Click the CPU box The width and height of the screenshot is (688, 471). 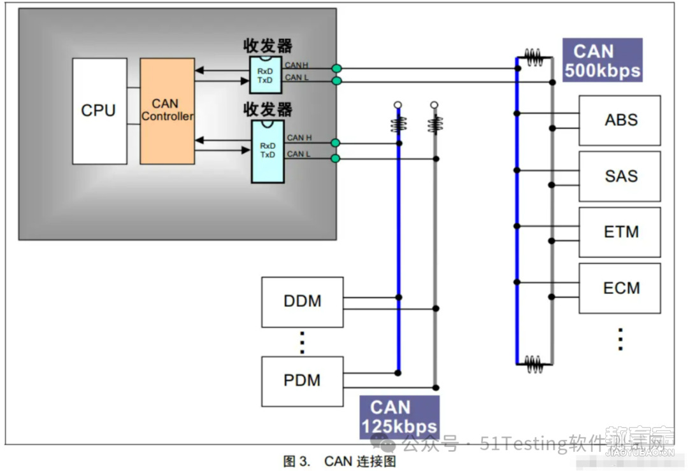point(99,111)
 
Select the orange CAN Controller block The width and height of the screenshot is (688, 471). point(167,111)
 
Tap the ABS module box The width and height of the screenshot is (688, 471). point(620,120)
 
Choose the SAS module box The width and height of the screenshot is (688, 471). point(620,176)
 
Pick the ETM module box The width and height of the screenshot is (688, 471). point(620,232)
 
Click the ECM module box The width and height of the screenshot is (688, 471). point(620,288)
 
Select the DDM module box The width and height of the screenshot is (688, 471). point(303,302)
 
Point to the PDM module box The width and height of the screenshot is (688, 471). point(303,381)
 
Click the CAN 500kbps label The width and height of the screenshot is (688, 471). point(603,60)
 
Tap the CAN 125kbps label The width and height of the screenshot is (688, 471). point(399,417)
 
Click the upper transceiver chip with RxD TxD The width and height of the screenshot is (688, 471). point(266,74)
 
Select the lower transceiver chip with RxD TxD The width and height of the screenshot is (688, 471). point(268,151)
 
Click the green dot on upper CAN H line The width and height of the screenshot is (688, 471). point(336,68)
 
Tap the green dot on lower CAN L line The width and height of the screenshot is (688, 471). point(336,158)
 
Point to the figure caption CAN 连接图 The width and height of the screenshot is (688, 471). point(360,461)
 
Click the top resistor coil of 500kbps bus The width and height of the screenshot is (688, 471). point(534,57)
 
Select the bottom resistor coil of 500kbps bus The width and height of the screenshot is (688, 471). point(534,364)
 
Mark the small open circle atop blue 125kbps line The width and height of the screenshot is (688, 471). point(398,105)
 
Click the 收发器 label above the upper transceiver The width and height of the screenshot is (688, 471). point(268,46)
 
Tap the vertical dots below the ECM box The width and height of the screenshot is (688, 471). point(620,339)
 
